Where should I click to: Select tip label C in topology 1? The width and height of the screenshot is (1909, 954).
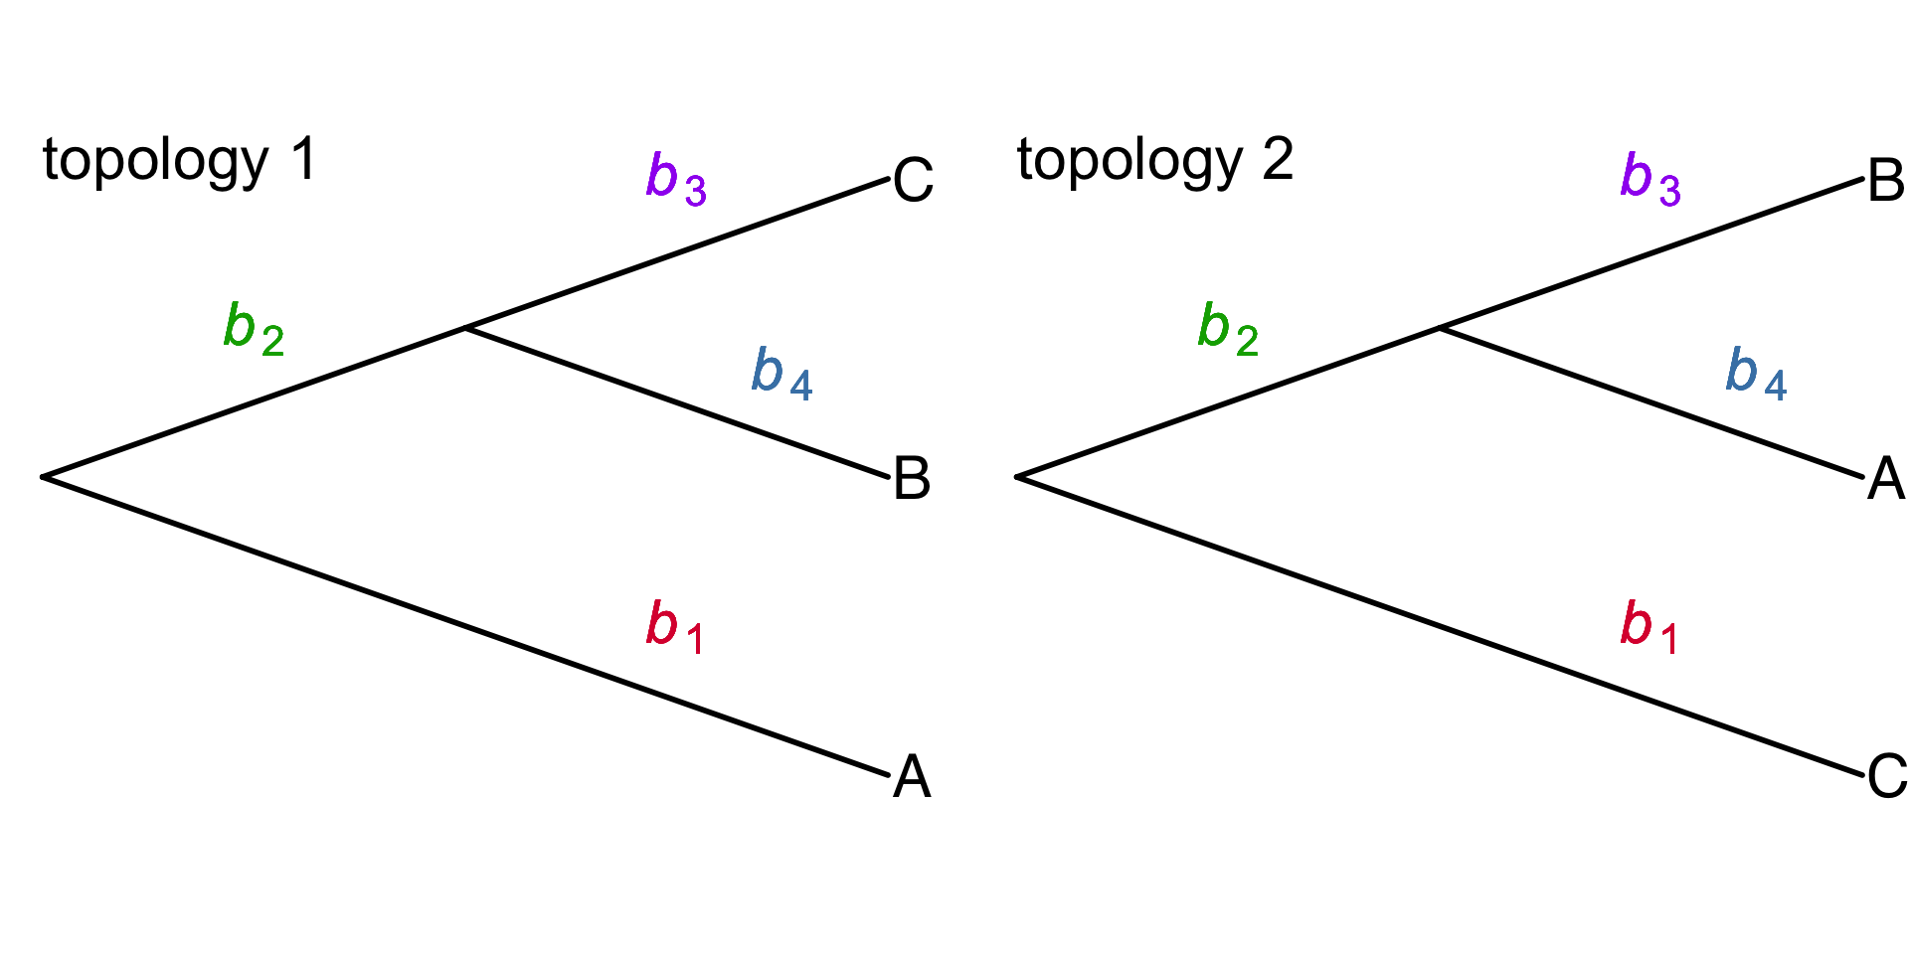tap(913, 181)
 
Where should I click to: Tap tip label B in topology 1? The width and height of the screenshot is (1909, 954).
tap(912, 479)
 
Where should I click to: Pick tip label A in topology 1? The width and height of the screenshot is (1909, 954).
tap(912, 777)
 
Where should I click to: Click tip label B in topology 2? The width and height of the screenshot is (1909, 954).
tap(1886, 181)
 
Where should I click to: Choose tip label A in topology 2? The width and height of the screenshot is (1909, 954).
tap(1886, 479)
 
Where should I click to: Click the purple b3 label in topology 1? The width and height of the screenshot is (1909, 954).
tap(676, 179)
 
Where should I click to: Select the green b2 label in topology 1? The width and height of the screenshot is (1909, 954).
tap(254, 329)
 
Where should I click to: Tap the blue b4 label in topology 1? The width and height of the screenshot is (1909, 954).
tap(781, 374)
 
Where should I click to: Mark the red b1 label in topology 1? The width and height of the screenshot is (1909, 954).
tap(675, 627)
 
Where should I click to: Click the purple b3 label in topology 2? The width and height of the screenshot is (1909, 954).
tap(1650, 179)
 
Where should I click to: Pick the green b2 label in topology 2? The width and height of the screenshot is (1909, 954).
tap(1228, 329)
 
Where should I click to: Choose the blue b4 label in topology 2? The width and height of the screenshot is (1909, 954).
tap(1756, 374)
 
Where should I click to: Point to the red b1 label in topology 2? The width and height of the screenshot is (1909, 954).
tap(1649, 627)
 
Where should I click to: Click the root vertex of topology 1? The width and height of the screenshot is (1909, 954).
tap(44, 477)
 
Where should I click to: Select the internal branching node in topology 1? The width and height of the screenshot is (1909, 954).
tap(466, 328)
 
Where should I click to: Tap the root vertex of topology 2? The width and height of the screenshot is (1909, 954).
tap(1018, 477)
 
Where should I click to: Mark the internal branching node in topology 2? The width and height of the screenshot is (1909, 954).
tap(1441, 328)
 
